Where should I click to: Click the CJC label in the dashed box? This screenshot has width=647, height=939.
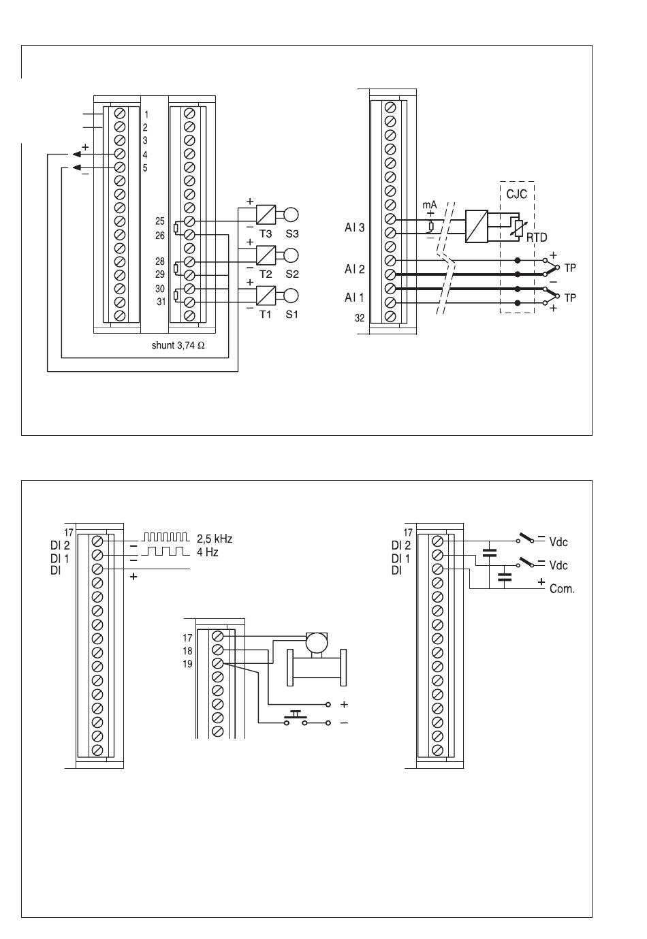[516, 194]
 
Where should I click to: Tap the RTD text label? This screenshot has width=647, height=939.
[537, 238]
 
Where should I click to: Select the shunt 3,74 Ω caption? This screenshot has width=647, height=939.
[178, 345]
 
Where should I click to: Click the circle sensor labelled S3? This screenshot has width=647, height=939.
[291, 214]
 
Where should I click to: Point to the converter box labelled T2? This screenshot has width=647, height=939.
[266, 255]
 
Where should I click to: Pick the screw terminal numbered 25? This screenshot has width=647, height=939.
[189, 221]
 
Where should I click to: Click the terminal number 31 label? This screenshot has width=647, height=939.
[161, 302]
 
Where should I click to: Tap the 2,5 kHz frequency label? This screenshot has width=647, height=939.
[215, 539]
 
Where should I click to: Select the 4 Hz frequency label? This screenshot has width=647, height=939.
[208, 552]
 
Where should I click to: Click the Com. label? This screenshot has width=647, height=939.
[562, 589]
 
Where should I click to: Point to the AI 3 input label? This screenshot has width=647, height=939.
[354, 227]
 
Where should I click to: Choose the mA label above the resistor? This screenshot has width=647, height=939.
[429, 204]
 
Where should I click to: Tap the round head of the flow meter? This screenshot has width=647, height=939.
[317, 642]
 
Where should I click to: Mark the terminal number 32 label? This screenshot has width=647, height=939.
[360, 318]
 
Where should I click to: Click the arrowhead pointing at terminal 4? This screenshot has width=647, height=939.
[77, 155]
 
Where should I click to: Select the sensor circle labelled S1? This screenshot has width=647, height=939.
[291, 296]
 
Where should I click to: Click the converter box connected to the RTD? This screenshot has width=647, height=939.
[477, 226]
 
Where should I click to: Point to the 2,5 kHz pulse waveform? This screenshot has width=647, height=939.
[165, 537]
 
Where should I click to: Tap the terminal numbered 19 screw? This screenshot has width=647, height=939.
[218, 664]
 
